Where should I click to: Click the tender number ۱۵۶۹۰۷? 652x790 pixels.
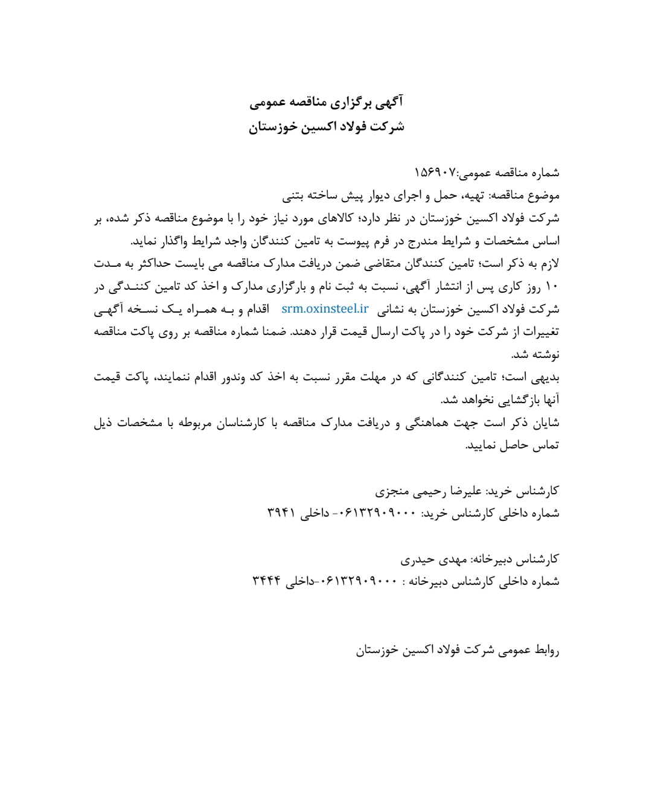pos(435,173)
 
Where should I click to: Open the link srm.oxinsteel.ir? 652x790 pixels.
pos(325,309)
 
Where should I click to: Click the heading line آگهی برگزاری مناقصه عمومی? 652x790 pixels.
pos(327,102)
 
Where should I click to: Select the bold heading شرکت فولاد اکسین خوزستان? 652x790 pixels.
pos(327,127)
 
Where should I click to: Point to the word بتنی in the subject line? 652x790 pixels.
pos(294,196)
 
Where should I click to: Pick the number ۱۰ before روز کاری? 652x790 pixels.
pos(552,286)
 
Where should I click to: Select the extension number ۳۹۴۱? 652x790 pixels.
pos(281,514)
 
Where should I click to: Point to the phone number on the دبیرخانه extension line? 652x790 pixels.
pos(360,582)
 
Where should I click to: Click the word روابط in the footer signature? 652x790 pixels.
pos(547,650)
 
